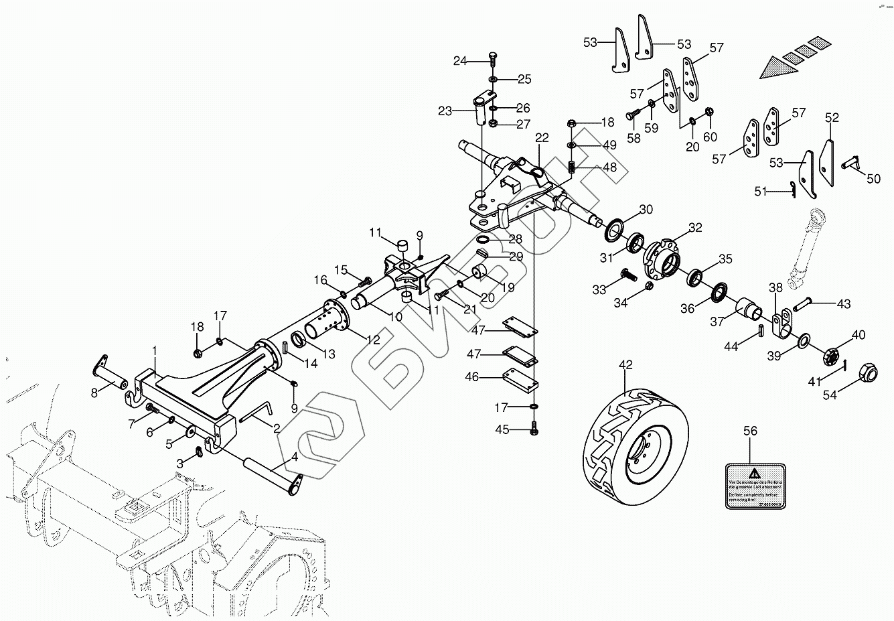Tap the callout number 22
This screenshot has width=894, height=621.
click(542, 138)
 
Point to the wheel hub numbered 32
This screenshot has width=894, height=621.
click(662, 257)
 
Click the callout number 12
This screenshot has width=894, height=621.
click(373, 340)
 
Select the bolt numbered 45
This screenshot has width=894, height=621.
click(534, 429)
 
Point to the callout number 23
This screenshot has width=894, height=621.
click(446, 111)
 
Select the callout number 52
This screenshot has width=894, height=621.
click(832, 118)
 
